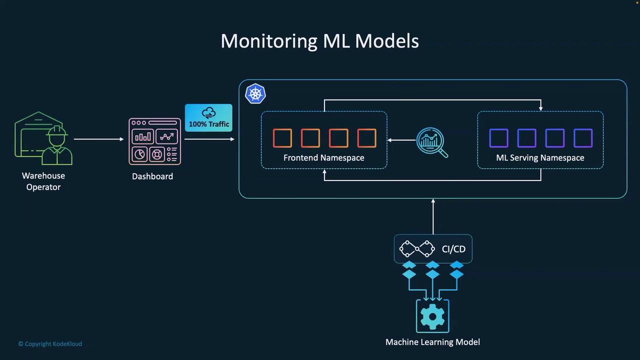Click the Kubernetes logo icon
(x=255, y=94)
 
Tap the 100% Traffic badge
(x=208, y=118)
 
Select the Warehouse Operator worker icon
(x=43, y=138)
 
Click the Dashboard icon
(x=154, y=141)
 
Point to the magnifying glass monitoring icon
(x=431, y=142)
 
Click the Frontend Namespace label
(x=323, y=157)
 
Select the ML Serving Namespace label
(x=540, y=157)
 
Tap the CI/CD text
(x=453, y=249)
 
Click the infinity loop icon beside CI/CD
(x=417, y=248)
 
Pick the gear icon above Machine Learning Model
(x=432, y=316)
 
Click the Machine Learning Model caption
(x=432, y=342)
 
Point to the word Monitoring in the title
(x=268, y=40)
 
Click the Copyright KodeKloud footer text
(x=50, y=344)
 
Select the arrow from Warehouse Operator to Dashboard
(x=98, y=139)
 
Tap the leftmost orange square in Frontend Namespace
(x=282, y=138)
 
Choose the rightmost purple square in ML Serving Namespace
(x=582, y=138)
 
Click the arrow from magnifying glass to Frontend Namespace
(x=401, y=140)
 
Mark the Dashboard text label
(x=152, y=176)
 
